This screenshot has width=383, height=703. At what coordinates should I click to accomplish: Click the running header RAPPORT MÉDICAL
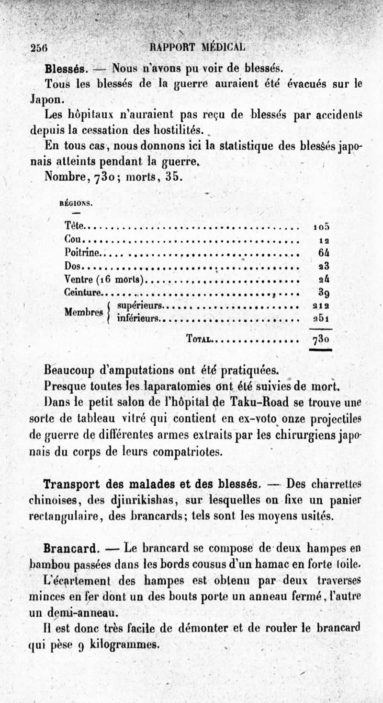coord(197,47)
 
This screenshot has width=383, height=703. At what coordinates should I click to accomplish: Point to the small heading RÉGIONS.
coord(76,203)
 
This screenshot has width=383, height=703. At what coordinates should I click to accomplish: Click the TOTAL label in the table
coord(199,340)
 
